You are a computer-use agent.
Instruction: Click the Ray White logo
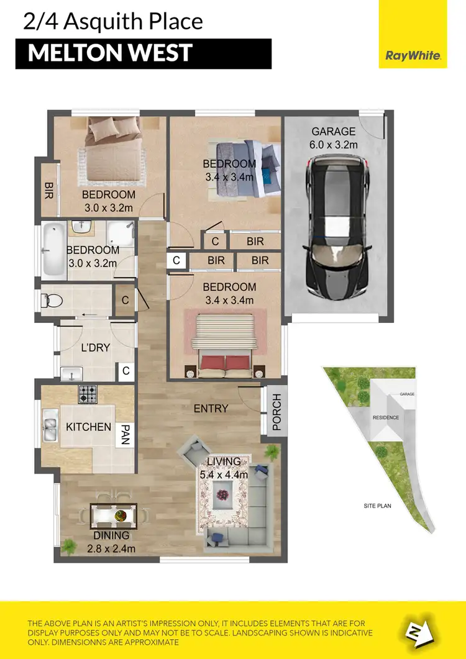click(x=413, y=56)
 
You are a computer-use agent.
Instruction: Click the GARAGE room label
click(x=334, y=132)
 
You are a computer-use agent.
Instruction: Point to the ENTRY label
click(x=211, y=409)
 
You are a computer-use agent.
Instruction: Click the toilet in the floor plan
click(x=52, y=301)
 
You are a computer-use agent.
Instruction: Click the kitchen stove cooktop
click(x=87, y=394)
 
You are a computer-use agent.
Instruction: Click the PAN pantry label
click(x=126, y=434)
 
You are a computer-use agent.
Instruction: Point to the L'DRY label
click(x=95, y=348)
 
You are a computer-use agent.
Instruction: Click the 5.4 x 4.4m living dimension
click(x=224, y=475)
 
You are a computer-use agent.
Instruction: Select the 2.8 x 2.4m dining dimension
click(x=112, y=548)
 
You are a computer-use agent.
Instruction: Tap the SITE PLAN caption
click(x=377, y=507)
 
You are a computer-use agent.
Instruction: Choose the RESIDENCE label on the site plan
click(x=385, y=417)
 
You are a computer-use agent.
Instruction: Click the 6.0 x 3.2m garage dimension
click(x=334, y=145)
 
